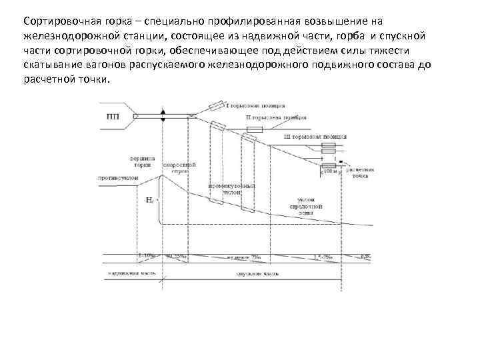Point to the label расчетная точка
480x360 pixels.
click(359, 173)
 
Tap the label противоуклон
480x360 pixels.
click(117, 178)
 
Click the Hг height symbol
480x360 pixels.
click(149, 199)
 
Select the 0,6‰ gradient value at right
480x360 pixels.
click(365, 256)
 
